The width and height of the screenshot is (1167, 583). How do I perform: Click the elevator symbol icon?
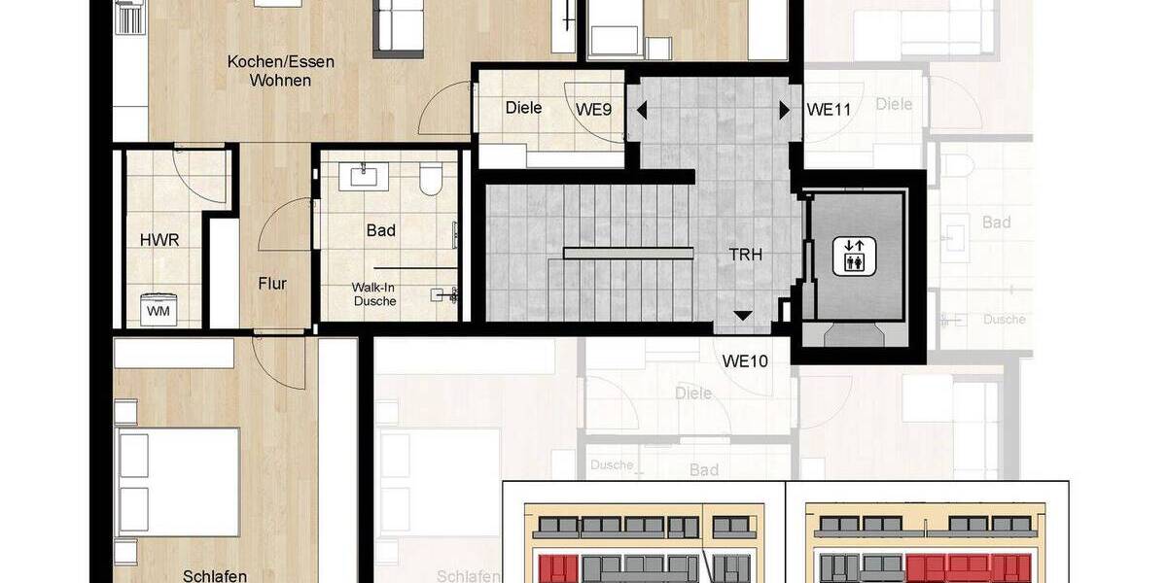click(853, 255)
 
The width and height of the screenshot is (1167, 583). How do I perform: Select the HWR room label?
click(160, 240)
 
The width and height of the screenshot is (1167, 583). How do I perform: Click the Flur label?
click(272, 284)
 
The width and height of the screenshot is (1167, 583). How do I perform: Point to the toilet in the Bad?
click(430, 180)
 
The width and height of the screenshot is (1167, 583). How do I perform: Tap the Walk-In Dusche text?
click(374, 294)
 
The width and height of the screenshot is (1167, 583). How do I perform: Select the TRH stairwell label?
click(746, 255)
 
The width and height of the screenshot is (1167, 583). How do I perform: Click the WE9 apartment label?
click(593, 110)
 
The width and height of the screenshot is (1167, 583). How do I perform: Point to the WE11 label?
click(829, 110)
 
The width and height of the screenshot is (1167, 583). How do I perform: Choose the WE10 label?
click(745, 361)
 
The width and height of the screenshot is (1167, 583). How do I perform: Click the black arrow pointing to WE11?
click(784, 110)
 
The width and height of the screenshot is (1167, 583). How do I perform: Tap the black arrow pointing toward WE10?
click(742, 315)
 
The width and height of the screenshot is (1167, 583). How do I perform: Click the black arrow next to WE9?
click(641, 110)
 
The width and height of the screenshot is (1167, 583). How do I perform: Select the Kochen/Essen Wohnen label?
click(280, 71)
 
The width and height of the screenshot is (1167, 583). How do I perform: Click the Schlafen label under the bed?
click(214, 575)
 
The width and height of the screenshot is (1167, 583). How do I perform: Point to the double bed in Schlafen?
click(177, 481)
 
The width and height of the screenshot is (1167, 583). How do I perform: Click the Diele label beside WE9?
click(523, 108)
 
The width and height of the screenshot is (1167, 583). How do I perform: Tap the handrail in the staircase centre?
click(629, 254)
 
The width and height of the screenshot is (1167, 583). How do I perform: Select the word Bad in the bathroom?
click(381, 230)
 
